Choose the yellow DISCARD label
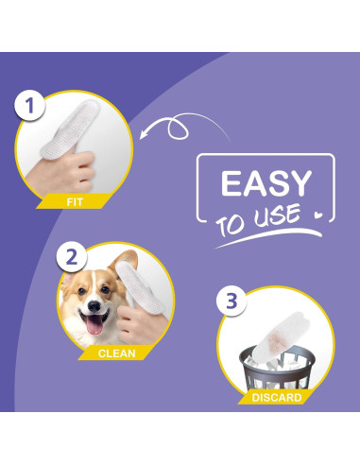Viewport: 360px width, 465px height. [276, 398]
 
